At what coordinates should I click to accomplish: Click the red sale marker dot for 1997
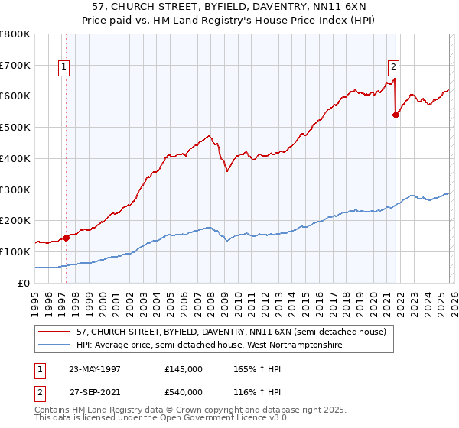pyautogui.click(x=67, y=237)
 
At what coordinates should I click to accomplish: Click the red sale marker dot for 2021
pyautogui.click(x=396, y=115)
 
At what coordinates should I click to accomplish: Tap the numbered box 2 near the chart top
pyautogui.click(x=393, y=66)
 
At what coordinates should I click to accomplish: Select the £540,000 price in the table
pyautogui.click(x=184, y=391)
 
